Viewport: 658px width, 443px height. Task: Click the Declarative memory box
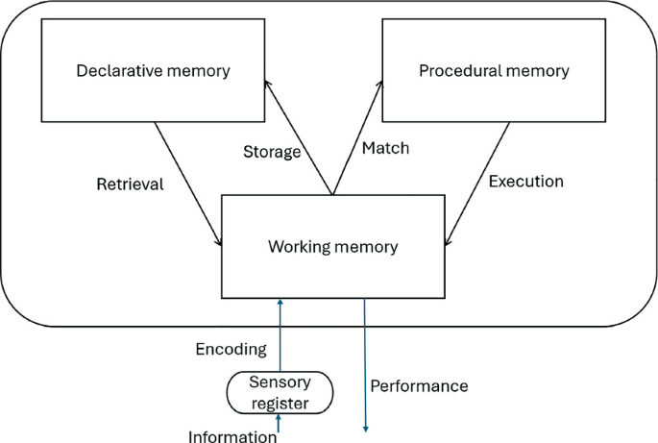(x=154, y=70)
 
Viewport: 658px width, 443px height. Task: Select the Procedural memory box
(x=494, y=70)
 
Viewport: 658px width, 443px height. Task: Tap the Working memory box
(x=332, y=246)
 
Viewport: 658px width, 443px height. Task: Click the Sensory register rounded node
(x=280, y=393)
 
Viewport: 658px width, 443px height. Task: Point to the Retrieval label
(x=130, y=184)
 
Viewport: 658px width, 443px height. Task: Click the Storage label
(x=272, y=152)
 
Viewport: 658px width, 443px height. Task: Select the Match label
(x=385, y=148)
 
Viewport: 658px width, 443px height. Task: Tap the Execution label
(x=525, y=181)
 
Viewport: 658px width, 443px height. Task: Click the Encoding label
(x=230, y=350)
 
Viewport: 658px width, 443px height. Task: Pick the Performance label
(x=419, y=386)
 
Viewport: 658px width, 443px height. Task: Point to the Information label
(x=232, y=437)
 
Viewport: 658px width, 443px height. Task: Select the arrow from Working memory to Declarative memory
(x=301, y=139)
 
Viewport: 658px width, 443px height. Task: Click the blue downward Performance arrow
(x=365, y=365)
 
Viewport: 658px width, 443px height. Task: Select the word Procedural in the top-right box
(x=457, y=70)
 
